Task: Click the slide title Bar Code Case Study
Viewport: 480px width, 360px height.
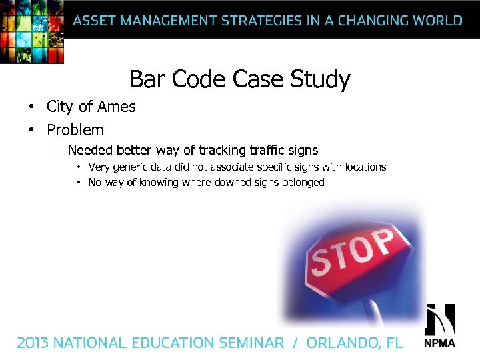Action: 239,79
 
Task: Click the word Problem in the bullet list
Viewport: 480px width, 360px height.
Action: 75,129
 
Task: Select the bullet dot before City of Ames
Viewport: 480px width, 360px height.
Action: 31,107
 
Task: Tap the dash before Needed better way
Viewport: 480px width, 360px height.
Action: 57,151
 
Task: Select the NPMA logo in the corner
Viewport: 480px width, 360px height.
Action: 440,327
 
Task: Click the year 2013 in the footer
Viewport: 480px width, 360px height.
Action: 33,343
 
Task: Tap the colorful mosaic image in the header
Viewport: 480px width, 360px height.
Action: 32,31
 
